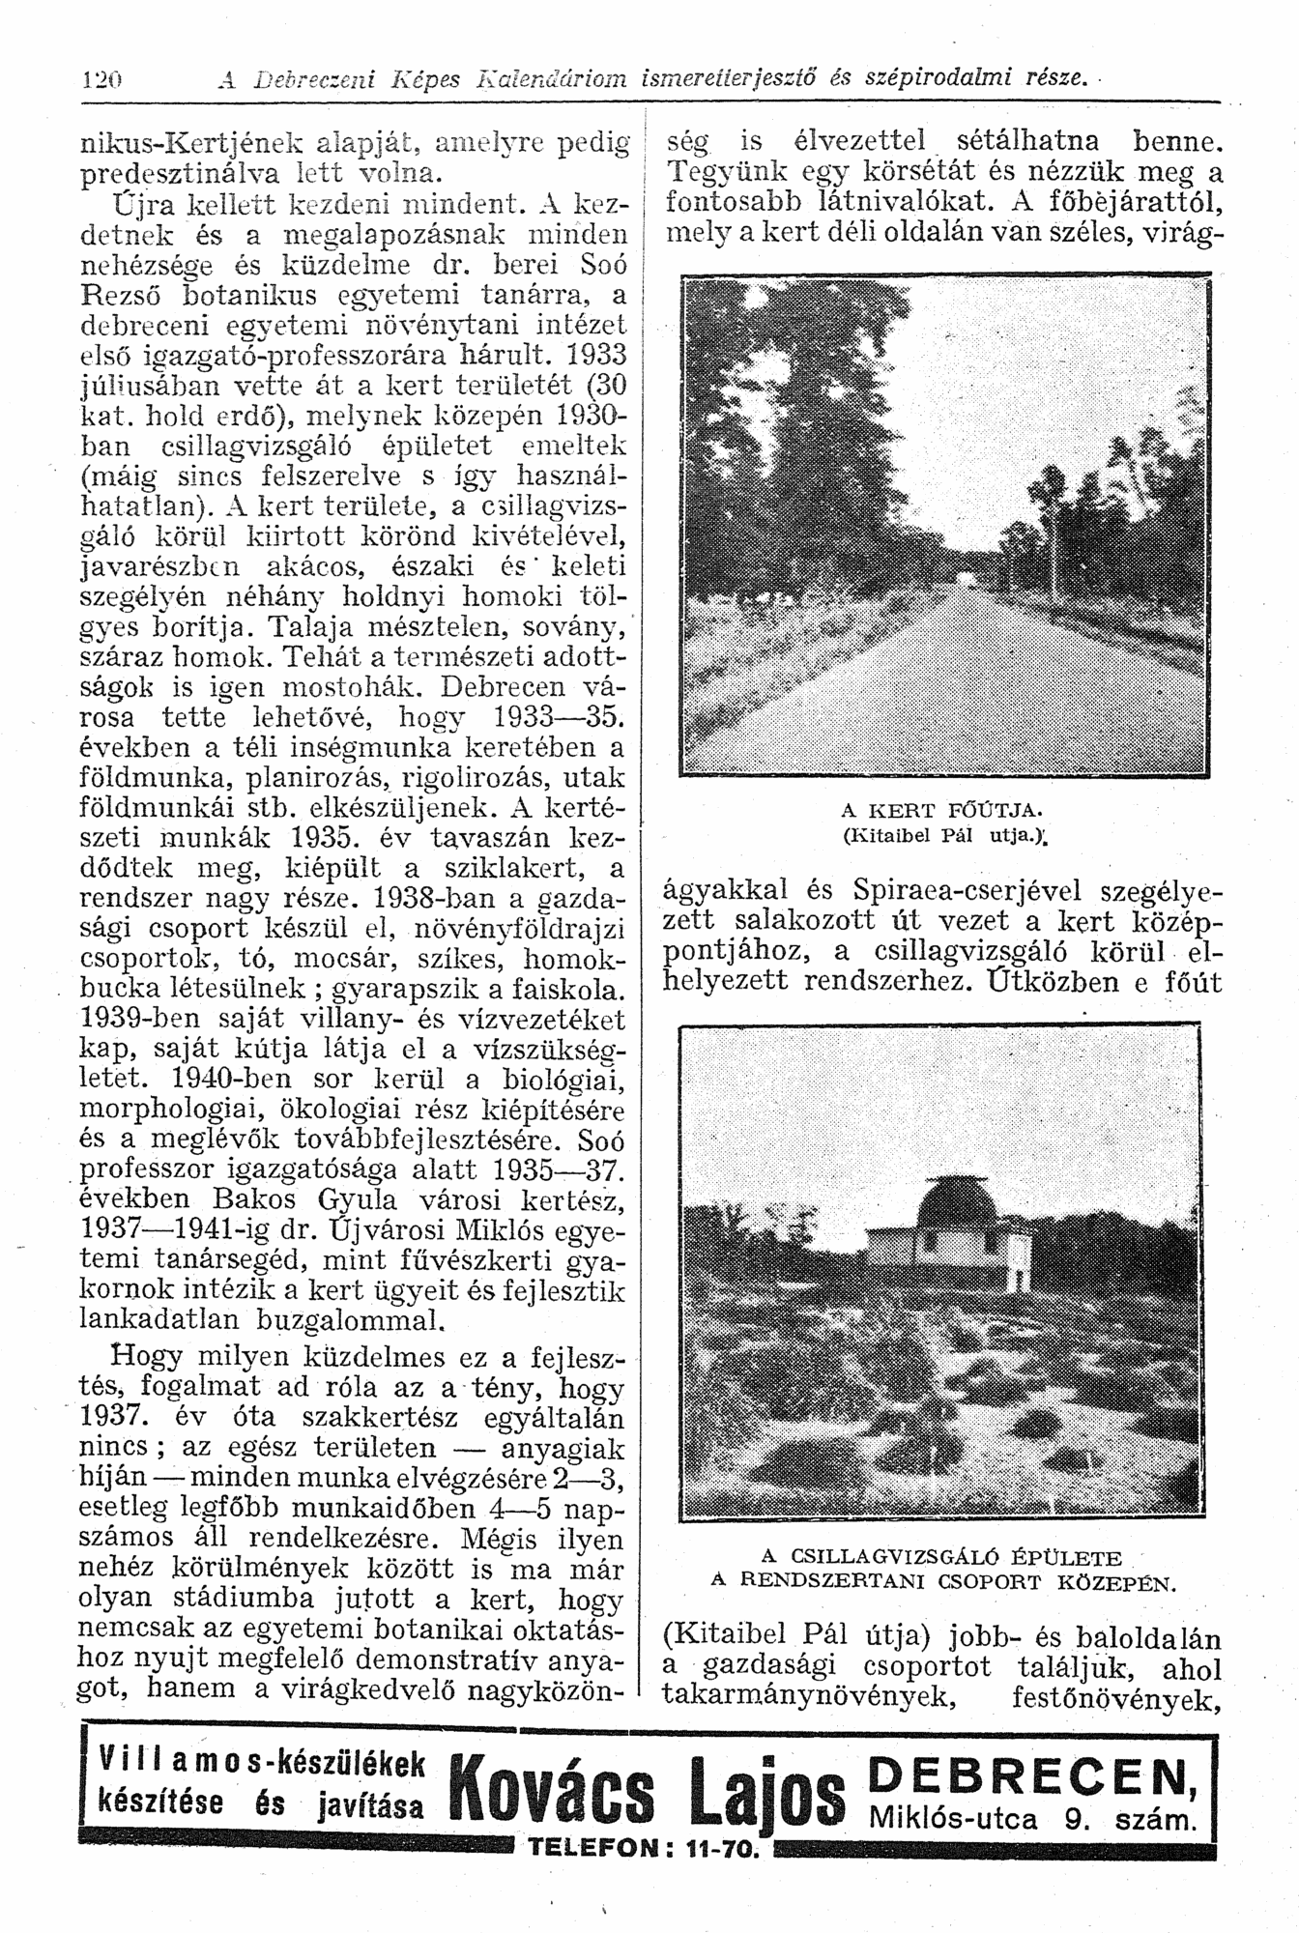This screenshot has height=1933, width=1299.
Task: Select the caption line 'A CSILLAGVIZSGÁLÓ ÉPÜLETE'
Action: pos(942,1558)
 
